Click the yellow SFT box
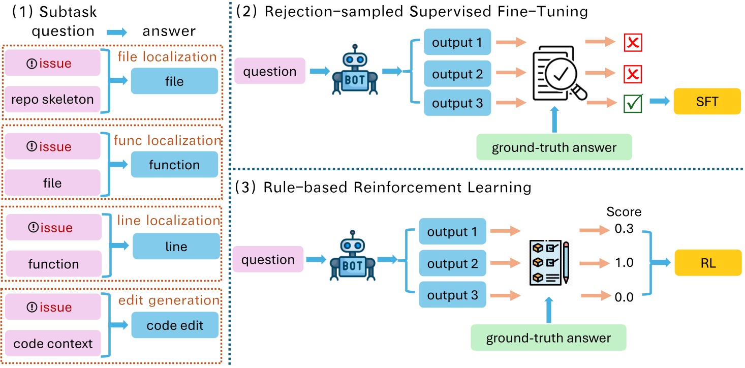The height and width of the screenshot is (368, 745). [707, 101]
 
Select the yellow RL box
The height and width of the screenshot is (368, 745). [707, 263]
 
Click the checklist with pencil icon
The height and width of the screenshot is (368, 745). [549, 262]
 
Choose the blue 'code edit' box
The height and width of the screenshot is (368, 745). [175, 325]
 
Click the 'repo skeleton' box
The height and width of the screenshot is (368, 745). [53, 99]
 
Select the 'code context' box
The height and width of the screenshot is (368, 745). [53, 343]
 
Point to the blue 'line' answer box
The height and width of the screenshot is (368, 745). [176, 247]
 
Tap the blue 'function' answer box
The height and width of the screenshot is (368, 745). [174, 165]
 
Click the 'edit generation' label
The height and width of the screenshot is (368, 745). [169, 300]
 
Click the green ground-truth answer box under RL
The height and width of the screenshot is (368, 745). [548, 337]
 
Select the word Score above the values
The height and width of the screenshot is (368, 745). [625, 211]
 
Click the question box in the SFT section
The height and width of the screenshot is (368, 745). [269, 71]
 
